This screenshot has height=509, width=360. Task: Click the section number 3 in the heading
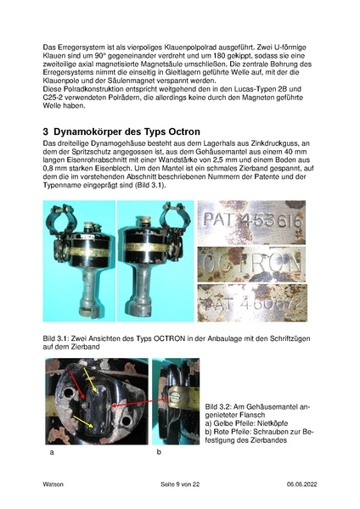[x=47, y=132]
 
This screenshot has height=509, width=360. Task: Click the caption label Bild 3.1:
[x=58, y=339]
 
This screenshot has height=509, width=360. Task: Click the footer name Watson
[x=53, y=484]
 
